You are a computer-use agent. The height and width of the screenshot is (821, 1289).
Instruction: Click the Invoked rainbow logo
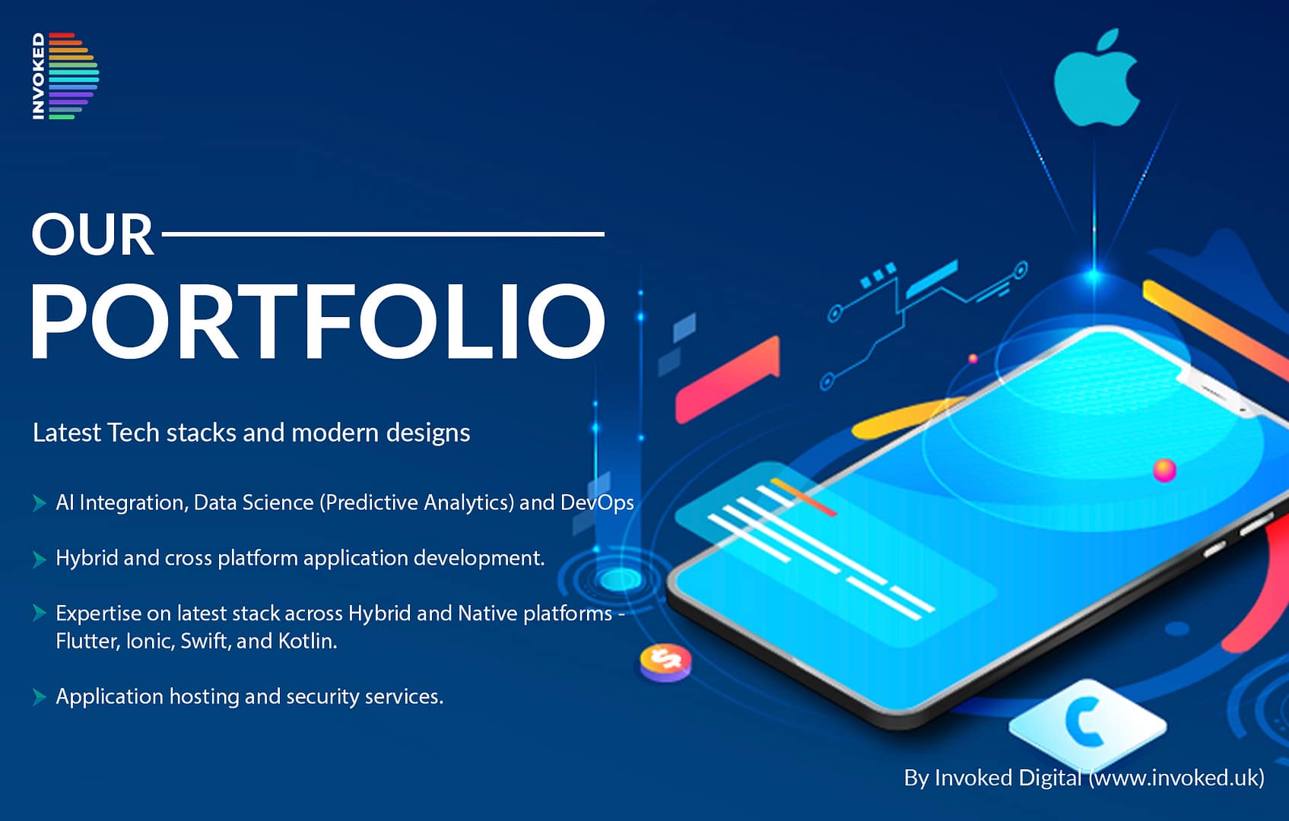[x=65, y=76]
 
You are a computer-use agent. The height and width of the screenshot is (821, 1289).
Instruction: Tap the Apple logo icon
[x=1097, y=78]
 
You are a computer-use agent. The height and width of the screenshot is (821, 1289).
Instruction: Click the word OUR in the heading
[x=93, y=234]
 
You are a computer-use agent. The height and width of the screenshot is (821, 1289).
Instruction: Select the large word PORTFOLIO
[x=318, y=321]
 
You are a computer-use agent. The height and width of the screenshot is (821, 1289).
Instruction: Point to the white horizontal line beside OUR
[x=383, y=234]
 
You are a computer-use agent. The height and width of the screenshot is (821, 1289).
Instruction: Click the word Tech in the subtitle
[x=133, y=433]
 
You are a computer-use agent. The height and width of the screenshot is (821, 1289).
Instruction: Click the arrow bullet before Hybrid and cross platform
[x=39, y=559]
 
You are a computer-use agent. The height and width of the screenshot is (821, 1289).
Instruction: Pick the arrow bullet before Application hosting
[x=39, y=697]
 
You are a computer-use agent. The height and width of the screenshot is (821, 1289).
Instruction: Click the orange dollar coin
[x=666, y=661]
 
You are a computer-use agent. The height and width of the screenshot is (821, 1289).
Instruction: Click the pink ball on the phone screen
[x=1164, y=470]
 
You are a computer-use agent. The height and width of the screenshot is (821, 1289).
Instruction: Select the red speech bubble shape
[x=727, y=379]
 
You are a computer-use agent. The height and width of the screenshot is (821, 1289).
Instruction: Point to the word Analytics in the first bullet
[x=465, y=502]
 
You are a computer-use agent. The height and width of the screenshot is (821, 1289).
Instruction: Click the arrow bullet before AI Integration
[x=39, y=502]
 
